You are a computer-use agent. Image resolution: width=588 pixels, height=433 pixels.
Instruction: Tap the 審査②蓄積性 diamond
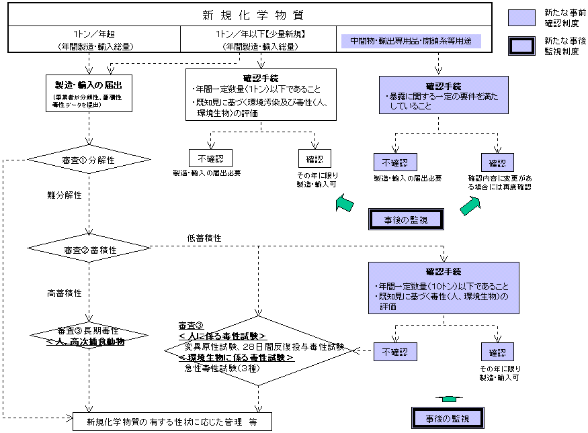[88, 249]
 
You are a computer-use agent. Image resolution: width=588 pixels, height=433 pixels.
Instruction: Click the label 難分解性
[65, 195]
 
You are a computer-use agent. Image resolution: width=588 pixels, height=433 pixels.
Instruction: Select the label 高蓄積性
[65, 293]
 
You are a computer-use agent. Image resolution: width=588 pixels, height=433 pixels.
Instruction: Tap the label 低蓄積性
[205, 238]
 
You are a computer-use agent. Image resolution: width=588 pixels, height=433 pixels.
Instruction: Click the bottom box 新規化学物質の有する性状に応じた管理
[172, 422]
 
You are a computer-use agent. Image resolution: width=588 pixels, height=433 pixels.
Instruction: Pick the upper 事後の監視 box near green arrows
[407, 218]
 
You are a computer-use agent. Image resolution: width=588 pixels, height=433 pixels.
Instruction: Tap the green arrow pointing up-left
[345, 202]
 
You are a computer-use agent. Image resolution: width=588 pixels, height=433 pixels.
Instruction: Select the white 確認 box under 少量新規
[314, 158]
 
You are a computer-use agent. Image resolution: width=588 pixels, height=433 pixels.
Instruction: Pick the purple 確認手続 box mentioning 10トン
[444, 287]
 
